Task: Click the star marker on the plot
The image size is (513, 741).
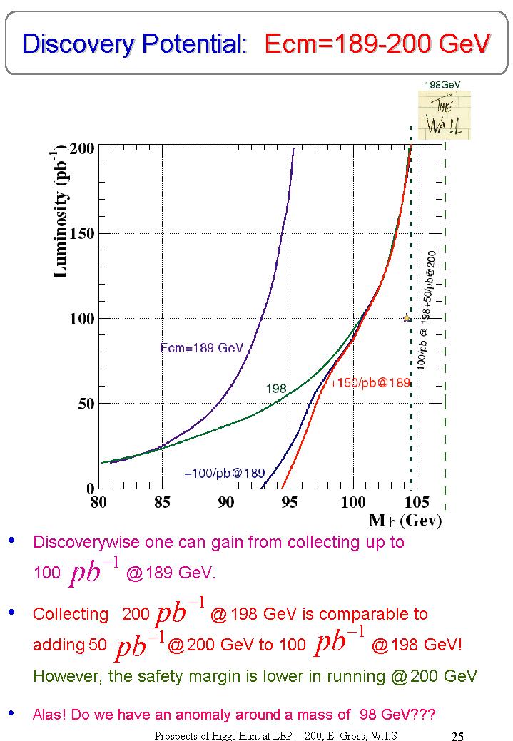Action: [x=407, y=318]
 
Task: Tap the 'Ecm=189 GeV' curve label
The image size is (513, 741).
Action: [x=201, y=348]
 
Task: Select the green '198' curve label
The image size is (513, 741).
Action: [x=276, y=389]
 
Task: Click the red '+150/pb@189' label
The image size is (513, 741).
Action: [x=370, y=383]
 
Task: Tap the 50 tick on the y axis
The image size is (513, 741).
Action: [x=86, y=404]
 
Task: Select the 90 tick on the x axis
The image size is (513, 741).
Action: [x=226, y=502]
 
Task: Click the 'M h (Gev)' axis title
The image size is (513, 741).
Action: [x=405, y=521]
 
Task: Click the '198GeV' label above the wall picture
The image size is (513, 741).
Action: [x=442, y=84]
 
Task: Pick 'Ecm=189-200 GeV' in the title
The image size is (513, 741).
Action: [x=377, y=44]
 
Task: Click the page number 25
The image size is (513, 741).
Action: [x=458, y=735]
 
